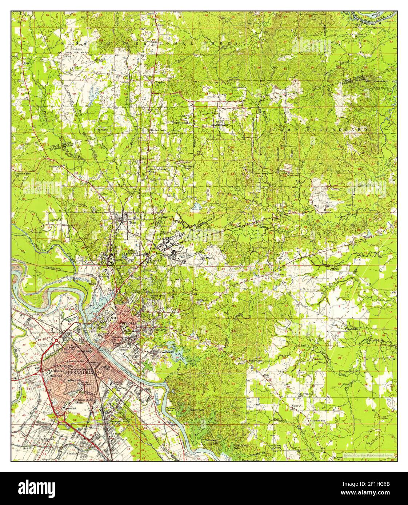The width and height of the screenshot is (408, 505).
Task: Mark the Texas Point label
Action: (171, 409)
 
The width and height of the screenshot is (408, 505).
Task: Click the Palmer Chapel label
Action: (279, 447)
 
